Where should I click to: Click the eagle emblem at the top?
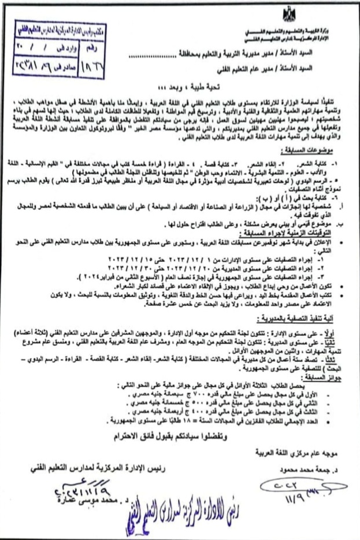[x=288, y=13]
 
